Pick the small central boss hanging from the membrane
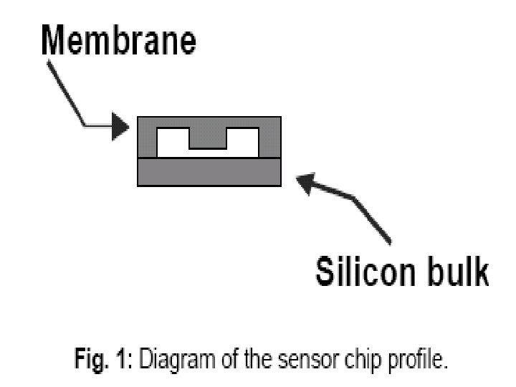click(x=208, y=139)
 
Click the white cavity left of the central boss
click(x=173, y=143)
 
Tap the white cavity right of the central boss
click(x=242, y=143)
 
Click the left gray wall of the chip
click(x=146, y=143)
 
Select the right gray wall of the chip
click(x=270, y=143)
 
